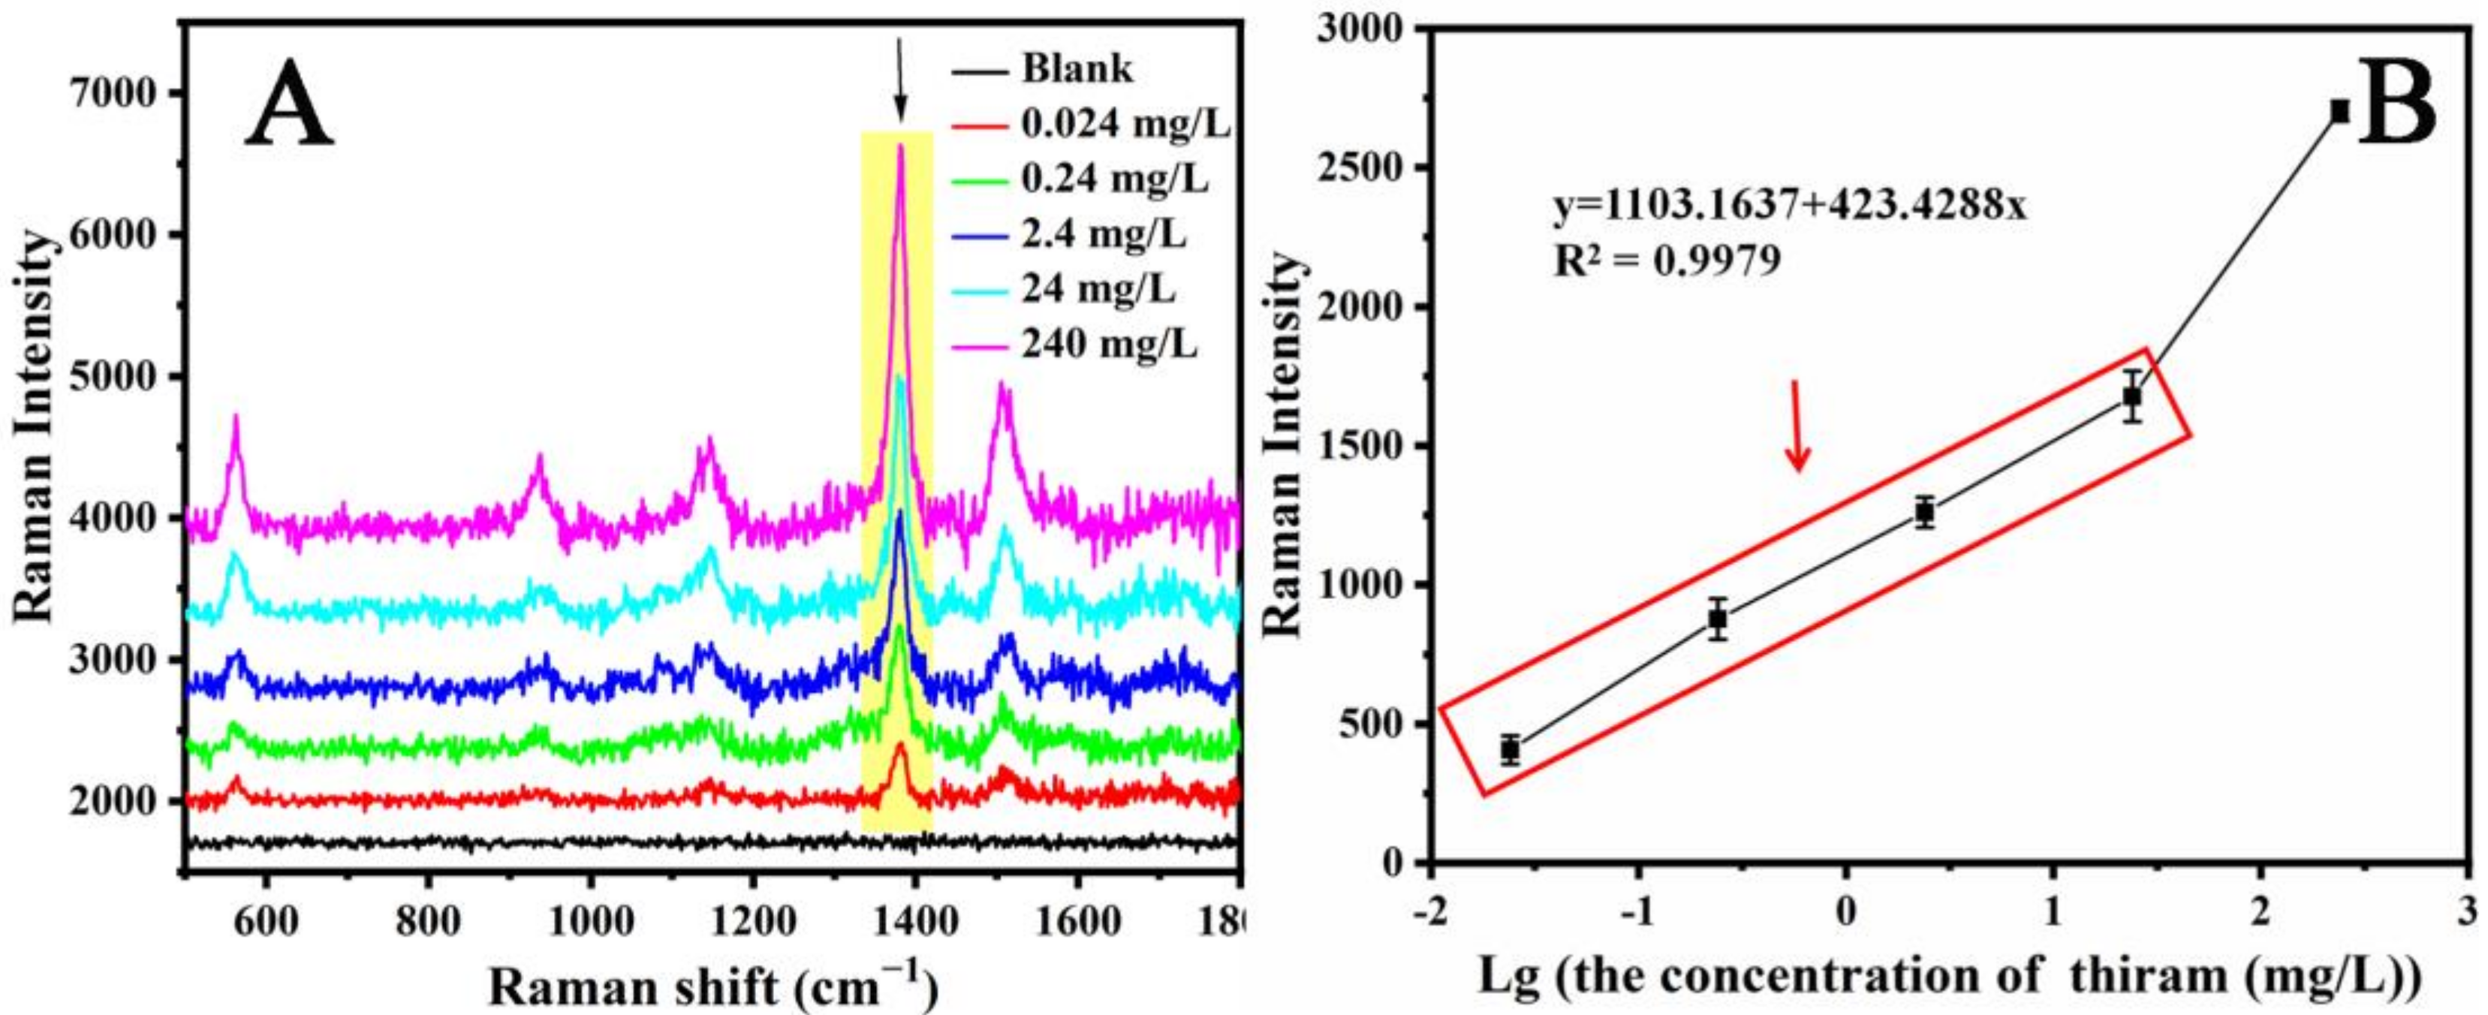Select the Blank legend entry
pyautogui.click(x=1077, y=70)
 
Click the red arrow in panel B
pyautogui.click(x=1797, y=425)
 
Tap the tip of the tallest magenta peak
pyautogui.click(x=900, y=148)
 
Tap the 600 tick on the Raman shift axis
pyautogui.click(x=266, y=923)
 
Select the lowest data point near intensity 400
pyautogui.click(x=1511, y=749)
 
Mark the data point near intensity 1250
pyautogui.click(x=1925, y=513)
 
